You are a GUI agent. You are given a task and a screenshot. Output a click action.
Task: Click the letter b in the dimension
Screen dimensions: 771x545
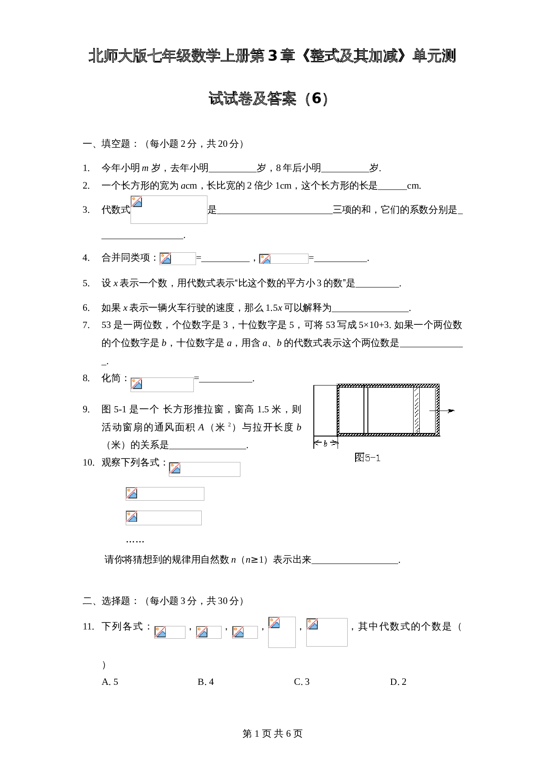325,444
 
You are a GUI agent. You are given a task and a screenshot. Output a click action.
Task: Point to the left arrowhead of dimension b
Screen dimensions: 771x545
316,443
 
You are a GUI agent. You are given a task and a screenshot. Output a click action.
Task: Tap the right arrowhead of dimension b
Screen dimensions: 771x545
335,443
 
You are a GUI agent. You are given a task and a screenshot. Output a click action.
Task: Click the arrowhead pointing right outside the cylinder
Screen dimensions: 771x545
451,411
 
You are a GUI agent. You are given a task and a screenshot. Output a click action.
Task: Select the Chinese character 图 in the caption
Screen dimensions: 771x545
360,458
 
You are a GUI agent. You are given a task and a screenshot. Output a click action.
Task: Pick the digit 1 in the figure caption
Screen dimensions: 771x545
378,458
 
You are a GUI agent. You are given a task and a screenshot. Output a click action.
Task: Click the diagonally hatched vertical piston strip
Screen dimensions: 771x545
416,411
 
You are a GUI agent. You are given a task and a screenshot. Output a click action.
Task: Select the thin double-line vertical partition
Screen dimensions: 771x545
366,411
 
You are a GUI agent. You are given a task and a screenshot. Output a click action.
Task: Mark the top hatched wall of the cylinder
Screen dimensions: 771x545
388,385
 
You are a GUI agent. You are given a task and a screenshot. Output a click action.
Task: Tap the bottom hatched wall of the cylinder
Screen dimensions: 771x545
388,435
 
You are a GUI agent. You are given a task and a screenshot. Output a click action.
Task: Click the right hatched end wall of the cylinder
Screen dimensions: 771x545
437,411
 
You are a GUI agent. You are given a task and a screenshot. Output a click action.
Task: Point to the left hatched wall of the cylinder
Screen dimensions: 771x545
338,411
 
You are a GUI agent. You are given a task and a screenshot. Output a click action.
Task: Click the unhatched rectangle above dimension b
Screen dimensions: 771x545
325,411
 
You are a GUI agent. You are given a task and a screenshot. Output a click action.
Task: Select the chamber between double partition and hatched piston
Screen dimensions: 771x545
390,411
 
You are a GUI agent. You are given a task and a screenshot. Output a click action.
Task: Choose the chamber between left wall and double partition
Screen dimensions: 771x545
352,411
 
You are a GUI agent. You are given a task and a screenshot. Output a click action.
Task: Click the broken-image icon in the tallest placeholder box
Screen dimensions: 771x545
274,622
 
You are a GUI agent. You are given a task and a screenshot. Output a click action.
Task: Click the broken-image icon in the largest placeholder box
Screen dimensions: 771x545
137,202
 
